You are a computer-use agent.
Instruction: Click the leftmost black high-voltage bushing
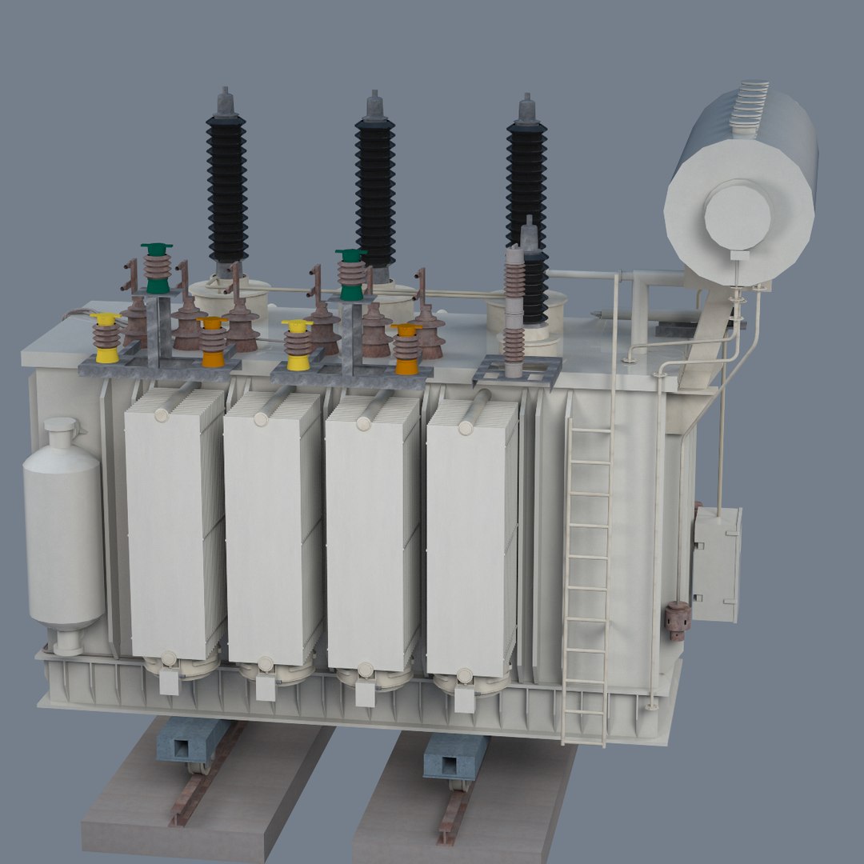tap(227, 188)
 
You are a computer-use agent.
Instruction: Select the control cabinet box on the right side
tap(716, 564)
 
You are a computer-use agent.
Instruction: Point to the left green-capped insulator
tap(157, 269)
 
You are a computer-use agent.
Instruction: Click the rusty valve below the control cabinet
tap(678, 620)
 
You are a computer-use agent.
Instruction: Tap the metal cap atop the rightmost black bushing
tap(526, 110)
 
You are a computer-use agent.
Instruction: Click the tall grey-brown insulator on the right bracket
tap(514, 304)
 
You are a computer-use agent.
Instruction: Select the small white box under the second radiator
tap(266, 687)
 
